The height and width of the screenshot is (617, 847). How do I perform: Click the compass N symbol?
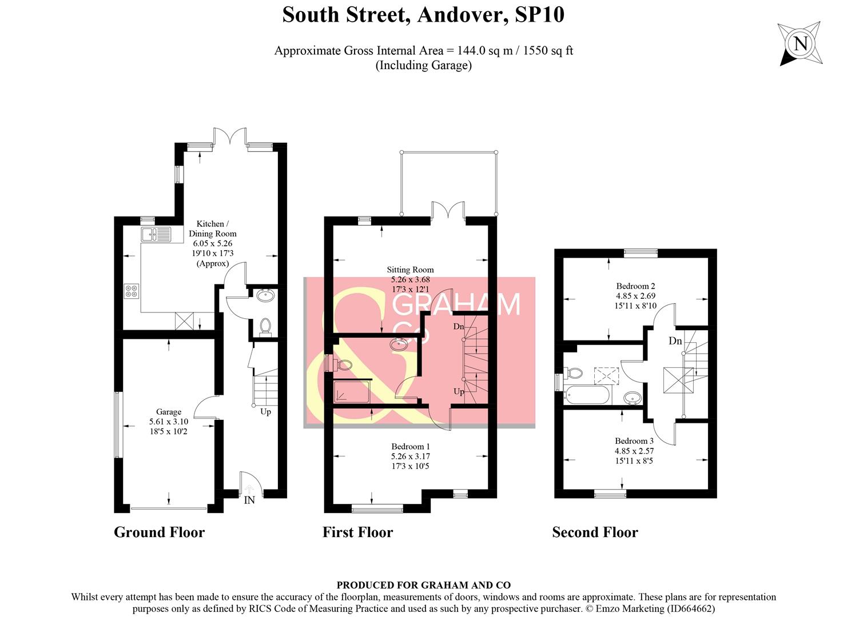[801, 44]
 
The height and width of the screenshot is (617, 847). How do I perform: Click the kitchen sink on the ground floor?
[156, 234]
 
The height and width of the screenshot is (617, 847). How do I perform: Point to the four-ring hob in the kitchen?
[132, 291]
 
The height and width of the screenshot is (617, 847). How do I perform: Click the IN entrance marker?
[249, 500]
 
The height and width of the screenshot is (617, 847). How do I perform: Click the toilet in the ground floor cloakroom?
[265, 326]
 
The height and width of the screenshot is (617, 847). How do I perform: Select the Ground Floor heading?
[159, 532]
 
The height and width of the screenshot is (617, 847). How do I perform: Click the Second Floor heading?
[595, 532]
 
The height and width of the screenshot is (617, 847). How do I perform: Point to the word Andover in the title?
[463, 15]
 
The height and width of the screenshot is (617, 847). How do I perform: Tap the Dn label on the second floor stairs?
[675, 341]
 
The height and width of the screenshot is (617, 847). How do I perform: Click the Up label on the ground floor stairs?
[265, 411]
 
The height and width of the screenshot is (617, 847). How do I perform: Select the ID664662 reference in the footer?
[689, 608]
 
